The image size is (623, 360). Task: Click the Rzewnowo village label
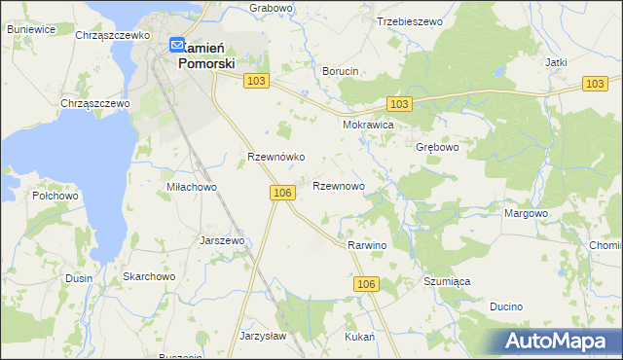[338, 185]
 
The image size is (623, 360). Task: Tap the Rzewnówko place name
[277, 156]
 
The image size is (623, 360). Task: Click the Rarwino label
[367, 245]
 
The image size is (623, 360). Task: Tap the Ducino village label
[506, 306]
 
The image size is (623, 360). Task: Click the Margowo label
[527, 213]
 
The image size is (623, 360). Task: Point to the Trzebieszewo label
[409, 20]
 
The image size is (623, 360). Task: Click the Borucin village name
[341, 71]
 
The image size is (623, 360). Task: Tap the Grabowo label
[271, 8]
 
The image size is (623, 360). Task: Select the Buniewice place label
[30, 29]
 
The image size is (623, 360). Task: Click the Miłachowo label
[191, 187]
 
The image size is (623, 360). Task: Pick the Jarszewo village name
[221, 239]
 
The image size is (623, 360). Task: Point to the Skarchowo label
[148, 276]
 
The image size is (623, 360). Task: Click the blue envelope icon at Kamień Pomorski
[176, 44]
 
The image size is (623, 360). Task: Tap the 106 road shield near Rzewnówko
[282, 194]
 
